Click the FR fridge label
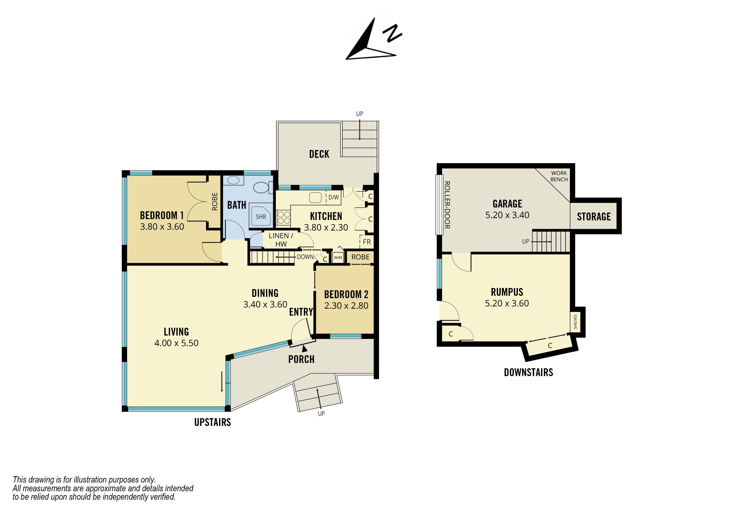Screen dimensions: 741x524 click(367, 242)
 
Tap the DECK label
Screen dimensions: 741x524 click(319, 154)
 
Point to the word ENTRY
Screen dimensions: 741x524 click(301, 312)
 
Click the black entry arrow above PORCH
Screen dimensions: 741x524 click(304, 348)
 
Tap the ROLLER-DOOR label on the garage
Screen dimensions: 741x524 click(447, 205)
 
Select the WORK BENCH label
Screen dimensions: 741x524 click(559, 176)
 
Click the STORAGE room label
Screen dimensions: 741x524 click(594, 217)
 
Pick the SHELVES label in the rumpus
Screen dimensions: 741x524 click(575, 322)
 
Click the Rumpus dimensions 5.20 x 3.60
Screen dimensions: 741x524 click(507, 303)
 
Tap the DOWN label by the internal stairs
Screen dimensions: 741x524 click(305, 257)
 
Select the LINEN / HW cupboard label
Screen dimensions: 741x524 click(281, 240)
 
